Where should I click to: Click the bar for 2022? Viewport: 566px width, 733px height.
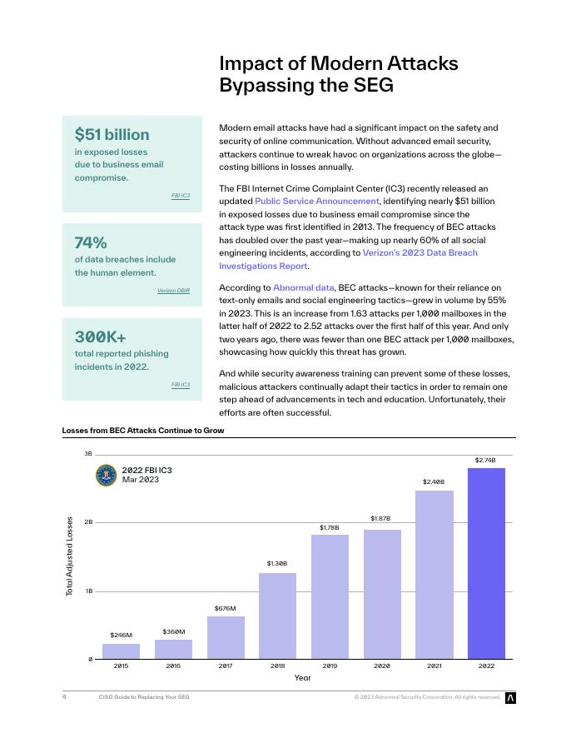486,563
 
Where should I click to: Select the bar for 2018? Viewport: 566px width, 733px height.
277,616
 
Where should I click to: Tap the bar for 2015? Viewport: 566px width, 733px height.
121,651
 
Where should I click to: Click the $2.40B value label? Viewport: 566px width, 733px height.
434,481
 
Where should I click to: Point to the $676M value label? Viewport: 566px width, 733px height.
225,608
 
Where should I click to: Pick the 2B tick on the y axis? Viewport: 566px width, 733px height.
87,522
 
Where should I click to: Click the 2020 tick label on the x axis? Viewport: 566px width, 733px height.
382,666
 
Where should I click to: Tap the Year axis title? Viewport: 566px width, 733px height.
303,678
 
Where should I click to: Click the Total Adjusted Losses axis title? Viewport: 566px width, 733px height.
70,556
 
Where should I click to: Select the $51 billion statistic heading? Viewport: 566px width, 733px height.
112,134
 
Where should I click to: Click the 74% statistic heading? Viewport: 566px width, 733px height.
91,242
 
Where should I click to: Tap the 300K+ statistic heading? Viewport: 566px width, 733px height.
101,337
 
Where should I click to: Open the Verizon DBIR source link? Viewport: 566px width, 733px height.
173,291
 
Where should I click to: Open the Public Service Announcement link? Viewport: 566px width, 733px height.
317,202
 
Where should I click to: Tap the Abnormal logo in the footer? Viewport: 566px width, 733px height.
511,697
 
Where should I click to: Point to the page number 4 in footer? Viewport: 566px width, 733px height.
64,696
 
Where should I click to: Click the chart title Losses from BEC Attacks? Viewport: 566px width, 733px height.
143,431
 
